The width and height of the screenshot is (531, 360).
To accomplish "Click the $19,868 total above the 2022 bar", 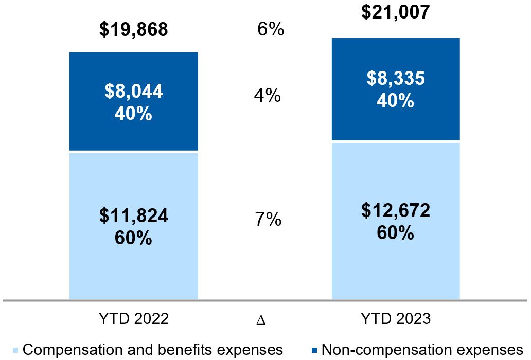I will pyautogui.click(x=134, y=30).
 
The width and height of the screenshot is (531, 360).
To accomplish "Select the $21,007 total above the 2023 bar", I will pyautogui.click(x=395, y=11).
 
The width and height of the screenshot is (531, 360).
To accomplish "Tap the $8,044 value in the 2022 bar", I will pyautogui.click(x=134, y=91).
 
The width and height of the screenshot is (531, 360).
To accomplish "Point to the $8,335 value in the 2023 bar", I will pyautogui.click(x=395, y=78).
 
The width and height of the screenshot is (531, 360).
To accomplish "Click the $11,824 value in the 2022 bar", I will pyautogui.click(x=134, y=217).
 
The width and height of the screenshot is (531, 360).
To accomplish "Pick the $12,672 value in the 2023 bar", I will pyautogui.click(x=395, y=210).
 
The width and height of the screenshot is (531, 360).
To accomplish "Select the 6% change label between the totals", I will pyautogui.click(x=271, y=30).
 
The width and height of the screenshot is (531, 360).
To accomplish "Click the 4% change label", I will pyautogui.click(x=267, y=96).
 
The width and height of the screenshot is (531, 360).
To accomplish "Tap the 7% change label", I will pyautogui.click(x=268, y=220).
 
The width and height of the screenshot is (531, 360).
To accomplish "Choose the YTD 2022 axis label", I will pyautogui.click(x=134, y=319).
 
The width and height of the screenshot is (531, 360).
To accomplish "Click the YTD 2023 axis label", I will pyautogui.click(x=395, y=319).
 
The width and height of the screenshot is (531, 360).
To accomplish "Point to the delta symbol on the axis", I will pyautogui.click(x=261, y=320).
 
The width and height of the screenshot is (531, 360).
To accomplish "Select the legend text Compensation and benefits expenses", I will pyautogui.click(x=153, y=350).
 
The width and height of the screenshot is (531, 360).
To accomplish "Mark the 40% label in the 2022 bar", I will pyautogui.click(x=134, y=113).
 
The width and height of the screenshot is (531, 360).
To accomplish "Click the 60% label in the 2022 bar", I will pyautogui.click(x=134, y=238).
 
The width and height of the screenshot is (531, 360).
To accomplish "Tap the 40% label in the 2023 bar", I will pyautogui.click(x=395, y=100).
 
